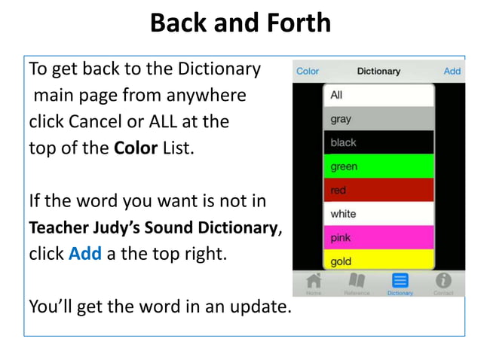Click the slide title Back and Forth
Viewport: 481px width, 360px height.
click(x=240, y=23)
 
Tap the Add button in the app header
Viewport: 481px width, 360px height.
click(x=452, y=72)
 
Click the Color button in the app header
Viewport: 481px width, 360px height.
click(x=308, y=72)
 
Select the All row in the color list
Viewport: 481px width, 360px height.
click(x=378, y=95)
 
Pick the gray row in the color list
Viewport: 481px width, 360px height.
click(x=378, y=119)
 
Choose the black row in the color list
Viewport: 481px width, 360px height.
click(x=378, y=142)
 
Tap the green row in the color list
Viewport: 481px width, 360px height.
click(x=378, y=166)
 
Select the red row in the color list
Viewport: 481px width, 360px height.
click(x=378, y=191)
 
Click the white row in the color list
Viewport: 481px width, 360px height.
click(x=378, y=214)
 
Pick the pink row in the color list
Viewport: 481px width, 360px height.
click(x=378, y=238)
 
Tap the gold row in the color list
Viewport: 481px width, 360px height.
click(x=378, y=261)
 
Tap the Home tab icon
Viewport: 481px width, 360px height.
click(x=314, y=282)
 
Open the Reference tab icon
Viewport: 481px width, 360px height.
click(x=357, y=282)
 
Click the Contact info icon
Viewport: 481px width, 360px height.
click(x=443, y=282)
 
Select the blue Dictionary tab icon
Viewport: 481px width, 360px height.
click(x=400, y=282)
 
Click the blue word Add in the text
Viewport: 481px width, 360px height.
click(x=84, y=254)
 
